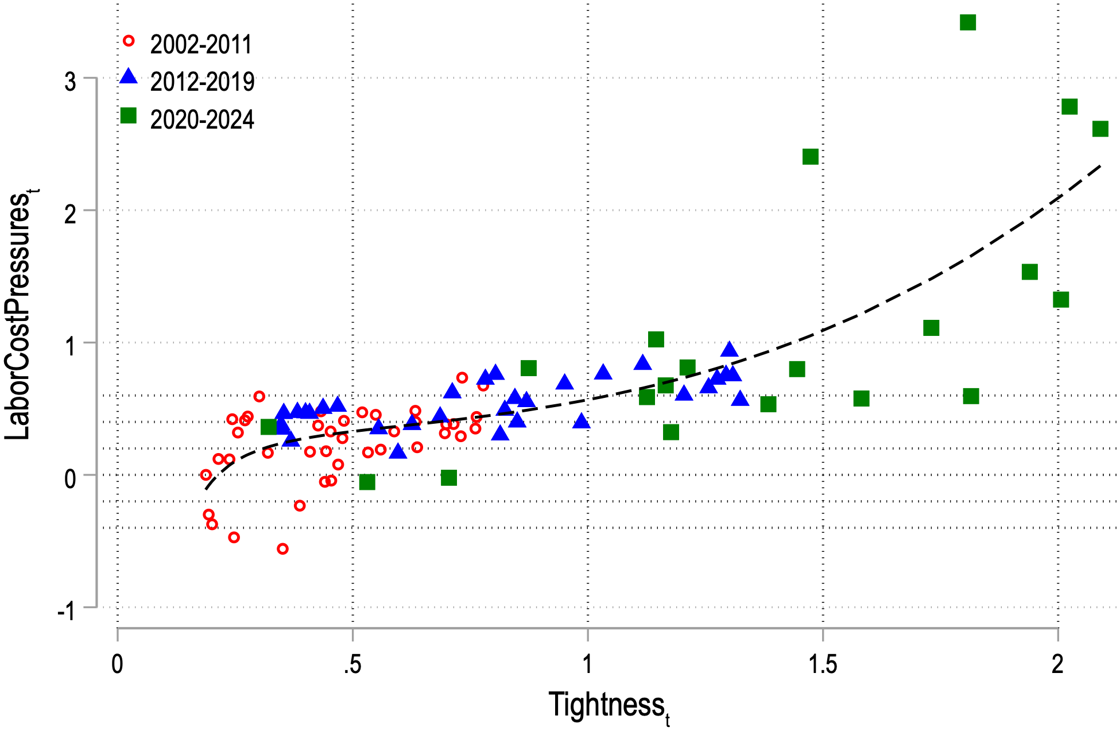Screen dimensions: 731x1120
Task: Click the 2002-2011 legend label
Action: [201, 45]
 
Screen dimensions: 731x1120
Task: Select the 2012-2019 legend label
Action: [202, 82]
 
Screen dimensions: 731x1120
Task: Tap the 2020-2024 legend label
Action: [202, 119]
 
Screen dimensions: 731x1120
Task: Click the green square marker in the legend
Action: [129, 115]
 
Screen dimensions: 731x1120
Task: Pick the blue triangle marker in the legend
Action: [129, 77]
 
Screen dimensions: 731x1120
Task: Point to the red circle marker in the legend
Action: [129, 41]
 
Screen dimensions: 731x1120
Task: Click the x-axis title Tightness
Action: [609, 705]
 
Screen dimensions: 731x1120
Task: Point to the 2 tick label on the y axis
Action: [70, 214]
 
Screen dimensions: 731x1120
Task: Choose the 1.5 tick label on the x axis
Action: [823, 664]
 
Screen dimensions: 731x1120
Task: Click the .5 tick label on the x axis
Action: [352, 664]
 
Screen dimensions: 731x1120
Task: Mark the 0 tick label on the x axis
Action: [117, 664]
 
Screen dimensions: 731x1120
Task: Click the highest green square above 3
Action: [968, 22]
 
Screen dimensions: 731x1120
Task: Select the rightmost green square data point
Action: [1100, 129]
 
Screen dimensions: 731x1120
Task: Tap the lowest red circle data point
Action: [282, 549]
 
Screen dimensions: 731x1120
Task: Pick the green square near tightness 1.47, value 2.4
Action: [810, 157]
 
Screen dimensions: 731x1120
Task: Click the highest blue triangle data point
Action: [729, 349]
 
